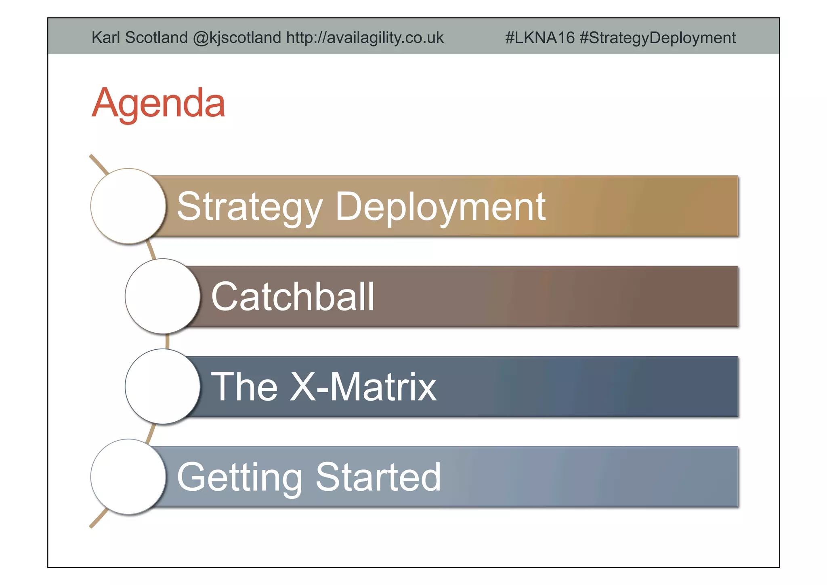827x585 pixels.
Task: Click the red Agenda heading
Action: (158, 103)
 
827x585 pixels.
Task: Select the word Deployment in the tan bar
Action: (440, 207)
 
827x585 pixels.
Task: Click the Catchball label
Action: (293, 297)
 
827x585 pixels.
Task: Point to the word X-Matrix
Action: (363, 387)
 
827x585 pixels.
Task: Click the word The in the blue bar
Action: (244, 387)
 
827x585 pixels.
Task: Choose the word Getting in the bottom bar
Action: (239, 478)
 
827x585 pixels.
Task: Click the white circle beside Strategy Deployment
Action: (128, 206)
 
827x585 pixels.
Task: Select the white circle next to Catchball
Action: (163, 296)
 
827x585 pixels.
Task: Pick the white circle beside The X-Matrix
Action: (163, 386)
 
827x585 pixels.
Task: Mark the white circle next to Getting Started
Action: (128, 477)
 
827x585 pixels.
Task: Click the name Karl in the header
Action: (106, 38)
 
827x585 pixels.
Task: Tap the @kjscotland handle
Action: (237, 38)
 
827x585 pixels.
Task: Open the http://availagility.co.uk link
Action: (365, 38)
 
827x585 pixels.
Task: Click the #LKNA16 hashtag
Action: (539, 38)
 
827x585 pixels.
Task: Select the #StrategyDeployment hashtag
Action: (657, 38)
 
